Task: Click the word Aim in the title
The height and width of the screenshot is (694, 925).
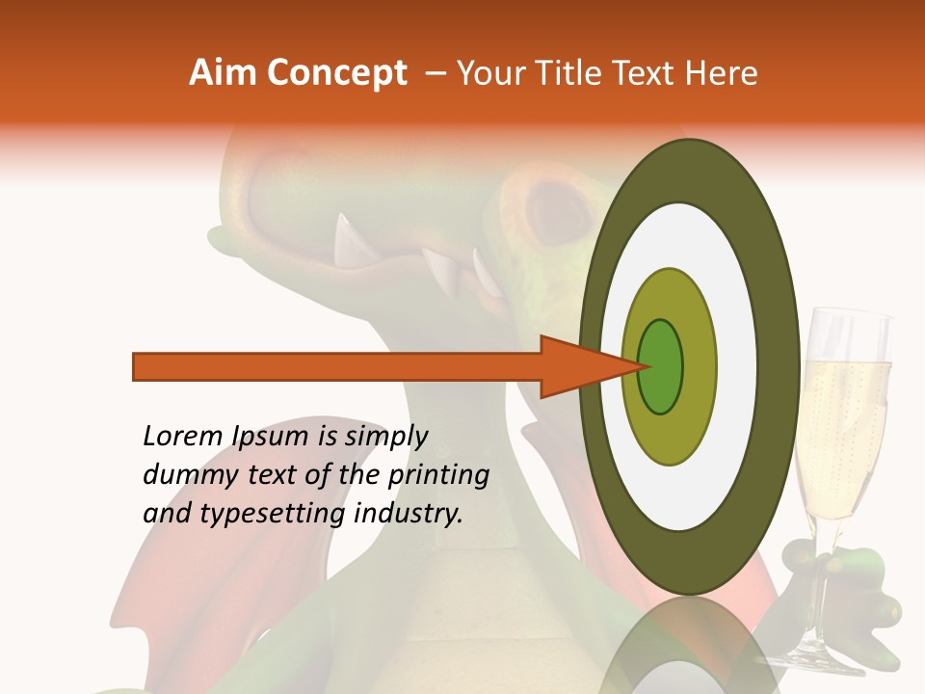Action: click(224, 73)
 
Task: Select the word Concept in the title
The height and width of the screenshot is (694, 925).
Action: click(336, 73)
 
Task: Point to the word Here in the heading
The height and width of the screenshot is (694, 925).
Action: click(723, 73)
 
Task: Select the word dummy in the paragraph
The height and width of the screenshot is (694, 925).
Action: click(183, 475)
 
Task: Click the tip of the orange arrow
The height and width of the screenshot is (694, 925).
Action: click(640, 366)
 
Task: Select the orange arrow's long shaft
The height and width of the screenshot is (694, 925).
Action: click(337, 366)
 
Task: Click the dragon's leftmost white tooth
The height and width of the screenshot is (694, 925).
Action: click(343, 237)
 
